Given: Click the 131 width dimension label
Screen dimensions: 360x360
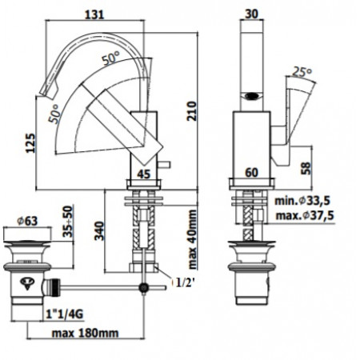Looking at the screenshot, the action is (x=94, y=14).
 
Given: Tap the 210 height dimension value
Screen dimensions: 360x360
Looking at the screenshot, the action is (x=191, y=111).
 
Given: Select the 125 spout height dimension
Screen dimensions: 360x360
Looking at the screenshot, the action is (x=30, y=143).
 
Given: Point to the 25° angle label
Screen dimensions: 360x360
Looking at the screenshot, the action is (x=302, y=71).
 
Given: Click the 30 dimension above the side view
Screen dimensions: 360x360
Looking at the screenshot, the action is (x=251, y=14).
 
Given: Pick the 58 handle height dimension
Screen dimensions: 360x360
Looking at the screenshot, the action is (x=306, y=168).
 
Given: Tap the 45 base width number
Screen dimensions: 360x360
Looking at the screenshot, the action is (x=144, y=174).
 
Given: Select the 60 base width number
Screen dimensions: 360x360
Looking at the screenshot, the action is (x=251, y=173).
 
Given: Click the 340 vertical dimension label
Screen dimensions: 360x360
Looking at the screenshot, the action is (x=99, y=230).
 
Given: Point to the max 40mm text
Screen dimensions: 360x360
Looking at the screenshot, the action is (x=192, y=239).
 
